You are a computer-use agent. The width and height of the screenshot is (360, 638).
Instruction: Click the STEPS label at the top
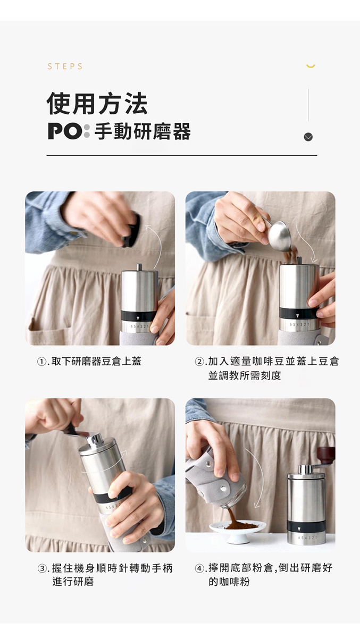click(x=65, y=66)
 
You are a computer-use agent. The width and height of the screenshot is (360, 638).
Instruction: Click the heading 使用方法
click(x=97, y=103)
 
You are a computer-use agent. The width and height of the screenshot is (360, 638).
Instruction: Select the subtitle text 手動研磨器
click(x=143, y=131)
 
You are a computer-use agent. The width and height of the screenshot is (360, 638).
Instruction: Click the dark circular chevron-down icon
click(x=308, y=137)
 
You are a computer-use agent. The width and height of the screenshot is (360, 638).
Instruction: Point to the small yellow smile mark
click(x=311, y=66)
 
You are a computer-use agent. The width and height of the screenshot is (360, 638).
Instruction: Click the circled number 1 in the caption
click(x=41, y=362)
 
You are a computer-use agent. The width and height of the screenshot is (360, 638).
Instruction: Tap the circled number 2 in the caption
click(x=199, y=362)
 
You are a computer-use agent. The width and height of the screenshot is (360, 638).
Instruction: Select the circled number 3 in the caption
click(x=41, y=569)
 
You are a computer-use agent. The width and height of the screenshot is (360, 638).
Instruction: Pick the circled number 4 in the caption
click(x=199, y=569)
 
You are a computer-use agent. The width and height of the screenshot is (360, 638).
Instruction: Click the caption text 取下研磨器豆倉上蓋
click(x=97, y=362)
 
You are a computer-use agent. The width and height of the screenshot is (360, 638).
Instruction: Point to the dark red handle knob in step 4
click(x=326, y=456)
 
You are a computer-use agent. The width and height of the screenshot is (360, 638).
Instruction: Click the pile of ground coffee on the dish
click(x=241, y=525)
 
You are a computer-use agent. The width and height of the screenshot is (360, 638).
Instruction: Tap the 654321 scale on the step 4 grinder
click(x=306, y=538)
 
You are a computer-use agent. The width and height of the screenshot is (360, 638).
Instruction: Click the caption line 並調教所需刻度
click(x=245, y=376)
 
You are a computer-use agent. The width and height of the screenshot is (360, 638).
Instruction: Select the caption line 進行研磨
click(x=73, y=582)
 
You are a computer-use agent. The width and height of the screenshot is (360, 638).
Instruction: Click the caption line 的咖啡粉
click(x=229, y=582)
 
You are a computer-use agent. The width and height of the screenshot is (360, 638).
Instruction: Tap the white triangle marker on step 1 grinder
click(x=138, y=318)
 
